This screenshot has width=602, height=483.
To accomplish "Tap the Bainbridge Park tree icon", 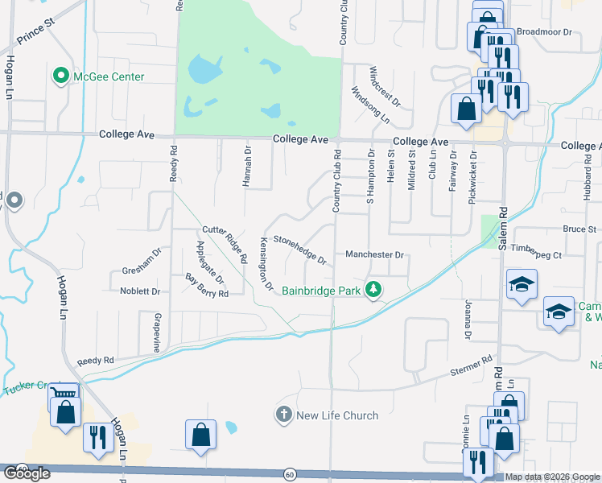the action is [373, 288].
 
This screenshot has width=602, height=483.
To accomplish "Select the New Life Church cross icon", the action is [282, 415].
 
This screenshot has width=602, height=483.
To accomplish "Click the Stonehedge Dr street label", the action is [299, 250].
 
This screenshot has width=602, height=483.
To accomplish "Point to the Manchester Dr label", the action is [373, 254].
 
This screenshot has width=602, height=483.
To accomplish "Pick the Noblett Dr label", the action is [140, 291].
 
